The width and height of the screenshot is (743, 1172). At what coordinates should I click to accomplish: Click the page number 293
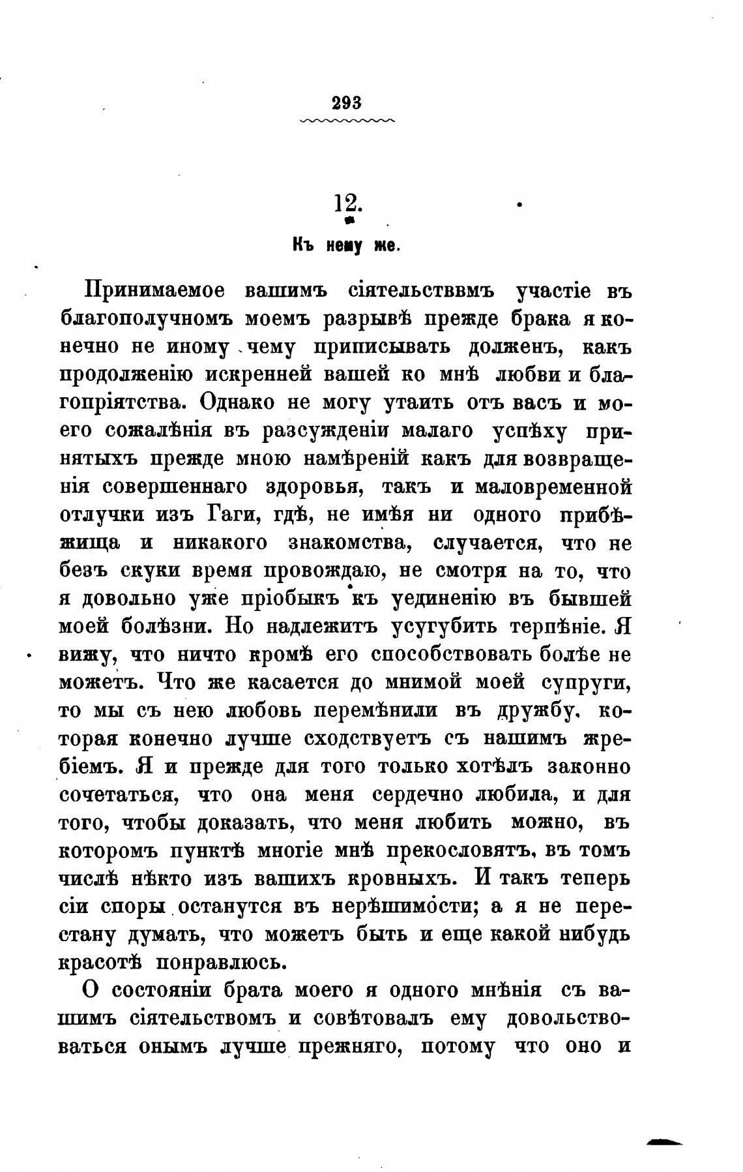(x=346, y=102)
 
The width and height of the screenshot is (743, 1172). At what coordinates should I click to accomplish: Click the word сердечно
(x=418, y=794)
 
